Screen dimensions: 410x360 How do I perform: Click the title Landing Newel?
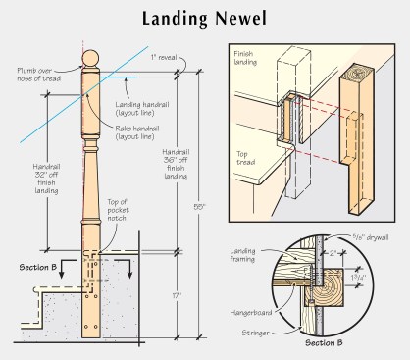(x=204, y=19)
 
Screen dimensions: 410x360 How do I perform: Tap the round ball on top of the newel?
(x=90, y=59)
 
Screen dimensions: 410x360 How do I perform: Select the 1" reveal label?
(x=164, y=58)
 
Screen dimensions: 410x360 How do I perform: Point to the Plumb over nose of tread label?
(x=39, y=75)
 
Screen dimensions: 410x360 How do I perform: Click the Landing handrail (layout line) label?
(x=142, y=109)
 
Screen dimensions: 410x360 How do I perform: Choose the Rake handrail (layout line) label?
(x=137, y=132)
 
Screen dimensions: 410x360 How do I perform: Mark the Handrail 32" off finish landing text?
(x=46, y=179)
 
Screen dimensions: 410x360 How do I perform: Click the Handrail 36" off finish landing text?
(x=176, y=164)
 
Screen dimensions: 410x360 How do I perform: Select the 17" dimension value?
(x=177, y=296)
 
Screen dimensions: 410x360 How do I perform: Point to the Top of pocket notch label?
(x=118, y=210)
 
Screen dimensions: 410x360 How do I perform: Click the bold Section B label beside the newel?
(x=38, y=267)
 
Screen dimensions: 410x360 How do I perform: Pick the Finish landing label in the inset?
(x=245, y=58)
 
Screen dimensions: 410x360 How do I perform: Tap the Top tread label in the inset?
(x=246, y=158)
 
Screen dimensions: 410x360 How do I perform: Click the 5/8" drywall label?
(x=371, y=237)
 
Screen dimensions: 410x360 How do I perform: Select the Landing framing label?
(x=242, y=255)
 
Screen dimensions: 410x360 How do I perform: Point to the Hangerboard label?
(x=251, y=313)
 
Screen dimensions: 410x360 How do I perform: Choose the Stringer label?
(x=255, y=333)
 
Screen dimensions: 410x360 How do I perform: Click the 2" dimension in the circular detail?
(x=333, y=253)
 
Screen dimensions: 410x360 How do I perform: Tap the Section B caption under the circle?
(x=324, y=343)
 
